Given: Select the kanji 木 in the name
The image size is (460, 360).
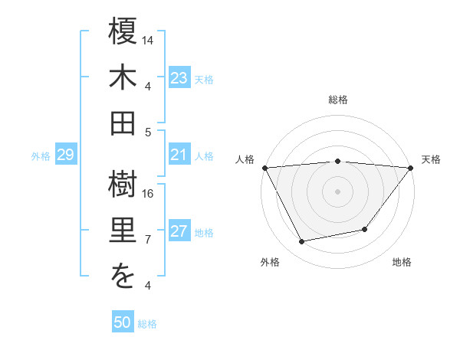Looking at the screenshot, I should pos(123,79).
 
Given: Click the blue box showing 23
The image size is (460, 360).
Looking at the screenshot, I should pos(179,77).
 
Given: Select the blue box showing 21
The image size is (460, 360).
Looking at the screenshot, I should pos(179,155).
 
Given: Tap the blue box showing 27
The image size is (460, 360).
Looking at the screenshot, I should pos(179,232).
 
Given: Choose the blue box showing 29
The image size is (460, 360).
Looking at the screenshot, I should pos(65,155).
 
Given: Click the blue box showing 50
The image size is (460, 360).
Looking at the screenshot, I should pos(123,322).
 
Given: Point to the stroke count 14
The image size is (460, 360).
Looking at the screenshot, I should pos(149,39).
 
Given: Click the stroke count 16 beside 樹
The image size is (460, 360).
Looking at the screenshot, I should pos(149,193).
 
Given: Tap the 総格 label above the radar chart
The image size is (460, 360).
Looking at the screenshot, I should pos(338,100).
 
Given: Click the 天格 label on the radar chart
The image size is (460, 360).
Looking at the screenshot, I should pos(432,159).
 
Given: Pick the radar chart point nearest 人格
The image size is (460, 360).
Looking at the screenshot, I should pos(264,167).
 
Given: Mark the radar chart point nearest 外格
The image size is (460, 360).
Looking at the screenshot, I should pos(302,242).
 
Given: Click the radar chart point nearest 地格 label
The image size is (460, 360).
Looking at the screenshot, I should pos(366,229).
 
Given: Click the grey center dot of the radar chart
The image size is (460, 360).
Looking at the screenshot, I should pos(338,191).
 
